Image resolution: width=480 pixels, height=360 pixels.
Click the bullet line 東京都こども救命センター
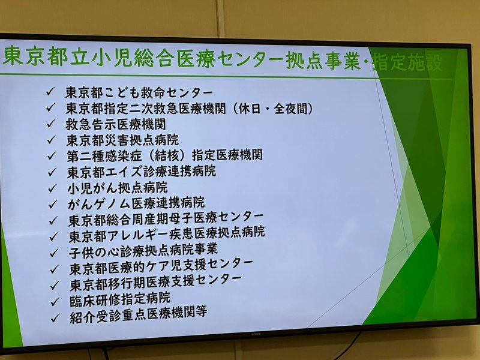(139, 92)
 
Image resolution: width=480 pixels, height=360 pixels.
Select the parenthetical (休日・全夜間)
(273, 109)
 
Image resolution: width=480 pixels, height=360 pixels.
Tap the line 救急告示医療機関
(115, 124)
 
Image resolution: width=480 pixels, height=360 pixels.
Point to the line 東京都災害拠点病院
(122, 140)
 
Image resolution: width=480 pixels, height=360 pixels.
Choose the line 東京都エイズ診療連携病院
(142, 172)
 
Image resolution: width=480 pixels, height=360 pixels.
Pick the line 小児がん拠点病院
(118, 188)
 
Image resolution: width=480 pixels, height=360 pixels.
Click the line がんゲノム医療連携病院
(136, 203)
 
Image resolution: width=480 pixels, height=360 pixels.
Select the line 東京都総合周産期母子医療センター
(166, 219)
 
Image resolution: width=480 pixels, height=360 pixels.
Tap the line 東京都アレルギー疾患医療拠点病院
(167, 235)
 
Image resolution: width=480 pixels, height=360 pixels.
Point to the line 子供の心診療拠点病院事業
(143, 251)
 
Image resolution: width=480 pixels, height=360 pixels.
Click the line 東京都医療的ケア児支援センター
(161, 267)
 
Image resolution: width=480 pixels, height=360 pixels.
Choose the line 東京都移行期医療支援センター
(155, 283)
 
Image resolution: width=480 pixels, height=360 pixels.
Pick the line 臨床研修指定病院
(120, 299)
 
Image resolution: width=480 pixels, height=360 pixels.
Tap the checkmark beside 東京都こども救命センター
(50, 92)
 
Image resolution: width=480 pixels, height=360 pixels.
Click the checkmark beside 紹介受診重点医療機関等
(55, 318)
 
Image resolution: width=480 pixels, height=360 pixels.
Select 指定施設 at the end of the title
(407, 63)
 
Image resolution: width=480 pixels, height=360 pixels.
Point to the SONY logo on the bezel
(256, 334)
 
